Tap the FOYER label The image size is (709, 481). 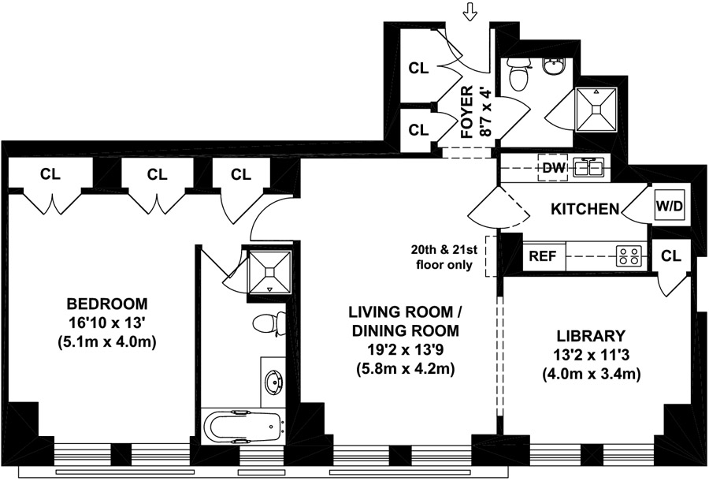tap(466, 112)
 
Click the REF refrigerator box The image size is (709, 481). tap(544, 256)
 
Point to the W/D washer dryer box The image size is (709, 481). tap(670, 207)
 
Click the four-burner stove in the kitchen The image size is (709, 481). tap(629, 256)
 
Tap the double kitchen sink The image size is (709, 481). tap(589, 168)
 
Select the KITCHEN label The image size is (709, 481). tap(585, 209)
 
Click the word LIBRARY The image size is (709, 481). tap(591, 336)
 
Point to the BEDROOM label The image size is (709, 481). tap(107, 303)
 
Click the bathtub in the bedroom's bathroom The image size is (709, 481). tap(244, 427)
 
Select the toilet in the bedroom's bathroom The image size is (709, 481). tap(269, 323)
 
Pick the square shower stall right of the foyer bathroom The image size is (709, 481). tap(596, 110)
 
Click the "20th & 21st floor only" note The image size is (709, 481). tap(444, 257)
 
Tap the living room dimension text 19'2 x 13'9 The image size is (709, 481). tap(405, 350)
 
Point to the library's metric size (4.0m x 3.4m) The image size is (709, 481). tap(591, 375)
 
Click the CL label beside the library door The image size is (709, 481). tap(670, 256)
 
